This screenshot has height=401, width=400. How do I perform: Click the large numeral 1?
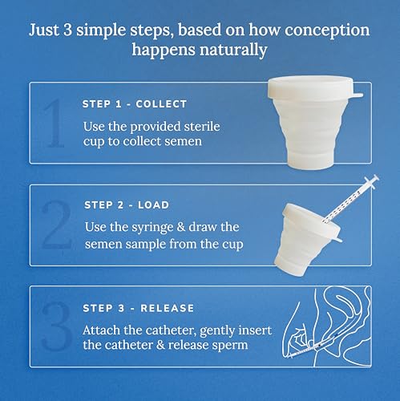tap(55, 125)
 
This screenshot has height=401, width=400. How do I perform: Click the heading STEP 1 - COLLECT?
tap(135, 104)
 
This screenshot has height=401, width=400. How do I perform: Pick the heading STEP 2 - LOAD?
tap(127, 205)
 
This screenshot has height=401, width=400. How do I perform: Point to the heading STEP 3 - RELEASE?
tap(139, 307)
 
